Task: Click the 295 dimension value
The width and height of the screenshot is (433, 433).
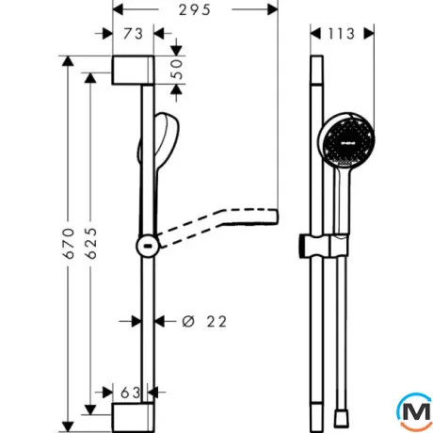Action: (x=195, y=10)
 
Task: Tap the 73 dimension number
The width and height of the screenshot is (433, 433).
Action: (x=133, y=34)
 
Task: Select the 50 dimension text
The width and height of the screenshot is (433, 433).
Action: (x=177, y=70)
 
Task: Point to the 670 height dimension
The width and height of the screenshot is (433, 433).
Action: (x=69, y=243)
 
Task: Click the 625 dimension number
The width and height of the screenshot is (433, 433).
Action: (x=91, y=243)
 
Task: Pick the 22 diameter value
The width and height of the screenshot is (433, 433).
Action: (x=216, y=322)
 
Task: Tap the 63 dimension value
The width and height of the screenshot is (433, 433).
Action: (x=131, y=393)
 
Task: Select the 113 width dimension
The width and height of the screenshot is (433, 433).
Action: (x=342, y=34)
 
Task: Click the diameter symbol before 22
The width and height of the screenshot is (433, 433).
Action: (x=188, y=322)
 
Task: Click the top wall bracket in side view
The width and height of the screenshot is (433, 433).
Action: (x=133, y=71)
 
